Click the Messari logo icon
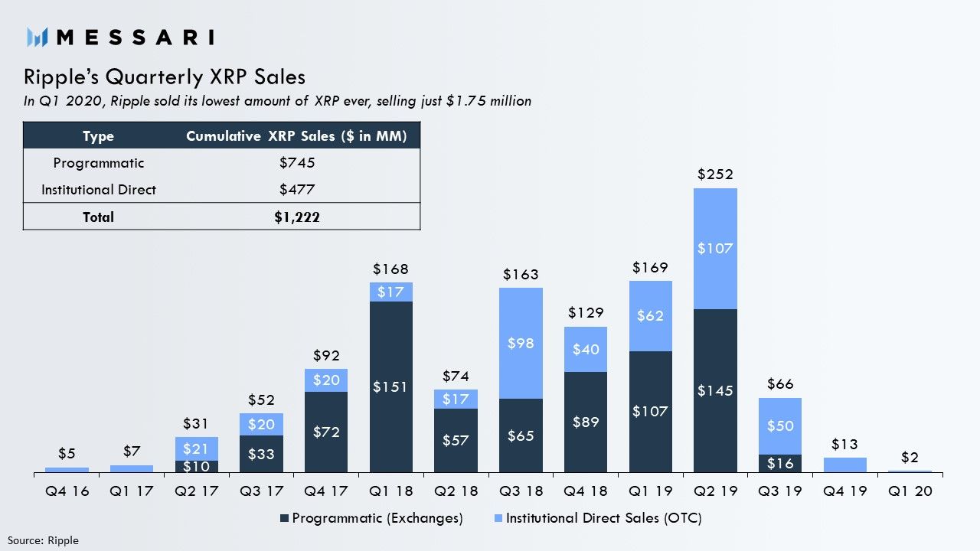(38, 36)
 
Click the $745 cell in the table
(297, 163)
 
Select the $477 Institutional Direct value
(297, 189)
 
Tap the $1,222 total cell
(297, 217)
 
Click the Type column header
(98, 136)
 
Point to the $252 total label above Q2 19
(715, 174)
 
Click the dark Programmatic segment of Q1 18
(391, 386)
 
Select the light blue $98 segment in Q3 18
(521, 343)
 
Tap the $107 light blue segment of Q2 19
(715, 249)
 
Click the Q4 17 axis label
(326, 491)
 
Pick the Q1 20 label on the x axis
(910, 491)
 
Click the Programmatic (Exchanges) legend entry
(371, 518)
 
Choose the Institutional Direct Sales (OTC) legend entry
(597, 518)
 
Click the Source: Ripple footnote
(43, 540)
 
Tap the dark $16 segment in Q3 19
(780, 463)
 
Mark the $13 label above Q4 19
(844, 445)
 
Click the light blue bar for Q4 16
(67, 470)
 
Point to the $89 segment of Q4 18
(586, 422)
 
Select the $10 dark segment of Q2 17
(197, 466)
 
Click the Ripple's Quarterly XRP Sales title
(165, 77)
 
